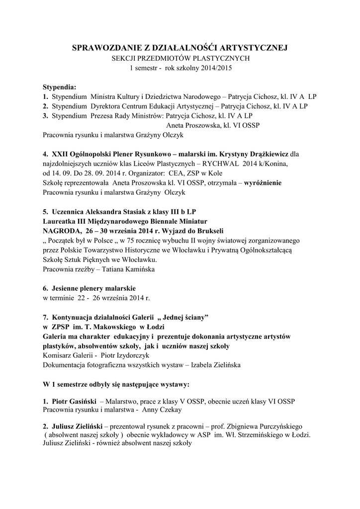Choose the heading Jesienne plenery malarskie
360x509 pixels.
pyautogui.click(x=94, y=288)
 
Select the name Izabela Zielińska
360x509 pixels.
pyautogui.click(x=213, y=365)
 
